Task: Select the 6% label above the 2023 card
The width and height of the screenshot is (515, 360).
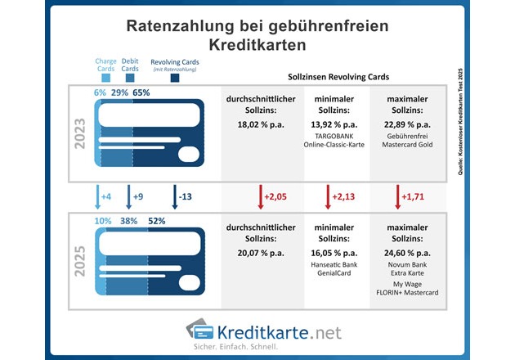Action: click(100, 92)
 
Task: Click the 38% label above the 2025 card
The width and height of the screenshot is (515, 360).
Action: click(128, 220)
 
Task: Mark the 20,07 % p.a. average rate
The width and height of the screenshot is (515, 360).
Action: click(258, 254)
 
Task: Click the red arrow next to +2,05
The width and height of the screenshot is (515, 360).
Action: click(260, 197)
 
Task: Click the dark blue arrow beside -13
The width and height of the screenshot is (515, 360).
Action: click(175, 197)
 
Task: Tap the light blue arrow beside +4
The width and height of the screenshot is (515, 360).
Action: click(98, 197)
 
